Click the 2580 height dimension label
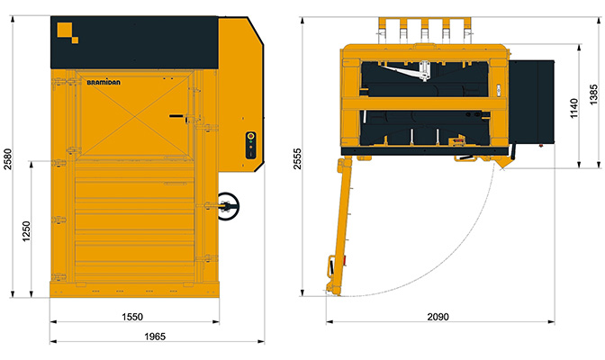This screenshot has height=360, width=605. point(8,159)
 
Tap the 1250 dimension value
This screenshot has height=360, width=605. point(26,231)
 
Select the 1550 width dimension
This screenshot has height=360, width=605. point(132,317)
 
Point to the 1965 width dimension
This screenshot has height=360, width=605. point(155,337)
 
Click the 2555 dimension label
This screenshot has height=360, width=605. point(297,158)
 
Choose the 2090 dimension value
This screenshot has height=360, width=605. point(438,317)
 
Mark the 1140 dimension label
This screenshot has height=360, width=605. point(574,108)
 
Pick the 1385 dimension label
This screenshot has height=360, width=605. point(593,94)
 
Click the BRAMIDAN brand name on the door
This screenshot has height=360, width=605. point(104,82)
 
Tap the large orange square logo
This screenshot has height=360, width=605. point(65,30)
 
